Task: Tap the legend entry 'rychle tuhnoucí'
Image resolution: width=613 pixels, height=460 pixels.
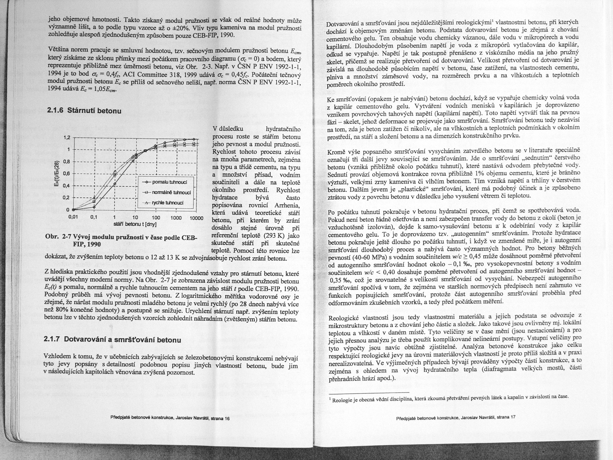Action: [170, 203]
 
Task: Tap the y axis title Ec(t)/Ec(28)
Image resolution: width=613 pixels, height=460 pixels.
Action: [57, 174]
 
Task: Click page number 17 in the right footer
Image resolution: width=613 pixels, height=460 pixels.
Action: [513, 418]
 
